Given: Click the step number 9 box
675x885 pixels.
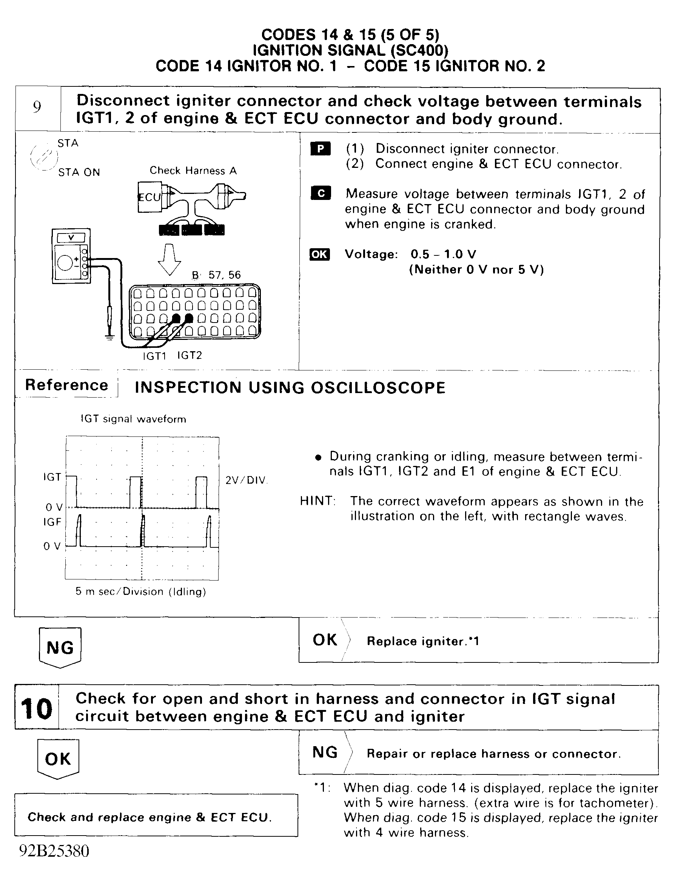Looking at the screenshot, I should point(37,108).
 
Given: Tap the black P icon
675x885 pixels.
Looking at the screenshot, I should point(320,149).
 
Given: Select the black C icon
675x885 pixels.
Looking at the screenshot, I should point(321,194).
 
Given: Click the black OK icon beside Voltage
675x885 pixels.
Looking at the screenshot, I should point(319,255).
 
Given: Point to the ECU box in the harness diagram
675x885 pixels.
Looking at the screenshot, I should point(149,197).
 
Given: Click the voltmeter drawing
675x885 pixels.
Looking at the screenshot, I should point(71,256).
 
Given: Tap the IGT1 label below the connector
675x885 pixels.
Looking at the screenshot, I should point(155,356).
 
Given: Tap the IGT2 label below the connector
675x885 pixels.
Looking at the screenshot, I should point(190,355).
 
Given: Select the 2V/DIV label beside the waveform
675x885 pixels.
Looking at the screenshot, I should point(246,481).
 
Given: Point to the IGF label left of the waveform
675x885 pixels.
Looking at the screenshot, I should point(52,522).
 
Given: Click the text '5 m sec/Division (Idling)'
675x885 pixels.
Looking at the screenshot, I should point(140,592).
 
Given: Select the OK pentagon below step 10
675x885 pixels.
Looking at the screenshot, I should point(58,759).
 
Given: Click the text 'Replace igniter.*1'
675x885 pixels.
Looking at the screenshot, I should point(423,641).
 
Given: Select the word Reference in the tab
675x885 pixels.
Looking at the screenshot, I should point(66,385).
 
